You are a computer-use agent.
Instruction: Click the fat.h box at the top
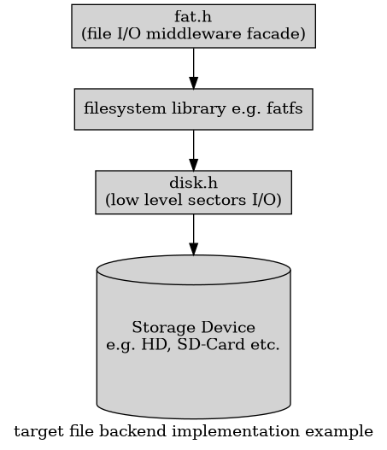(x=193, y=26)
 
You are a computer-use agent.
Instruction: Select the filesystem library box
(x=193, y=108)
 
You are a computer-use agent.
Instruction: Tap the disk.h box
(x=193, y=191)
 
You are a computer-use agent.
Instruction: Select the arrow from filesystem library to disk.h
(x=193, y=151)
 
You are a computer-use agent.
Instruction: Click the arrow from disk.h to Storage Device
(x=193, y=235)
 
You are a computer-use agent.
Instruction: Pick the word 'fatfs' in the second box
(x=284, y=108)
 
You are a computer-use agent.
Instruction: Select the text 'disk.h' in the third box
(x=193, y=183)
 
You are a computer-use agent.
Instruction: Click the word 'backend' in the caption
(x=117, y=430)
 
